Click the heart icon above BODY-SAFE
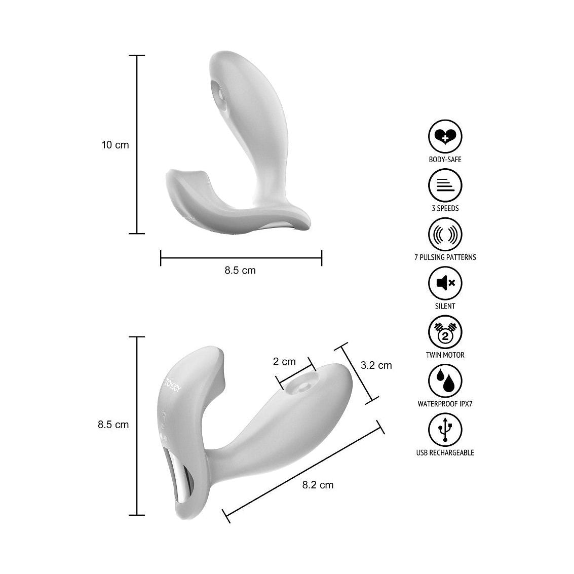tap(445, 136)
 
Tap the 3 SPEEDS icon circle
tap(445, 185)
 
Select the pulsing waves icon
tap(445, 234)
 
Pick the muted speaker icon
tap(445, 283)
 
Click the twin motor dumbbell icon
tap(445, 332)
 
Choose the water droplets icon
tap(445, 381)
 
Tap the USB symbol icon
tap(445, 430)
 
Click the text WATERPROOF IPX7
tap(445, 404)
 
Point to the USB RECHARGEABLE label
tap(445, 453)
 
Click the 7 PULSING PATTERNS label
tap(445, 257)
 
